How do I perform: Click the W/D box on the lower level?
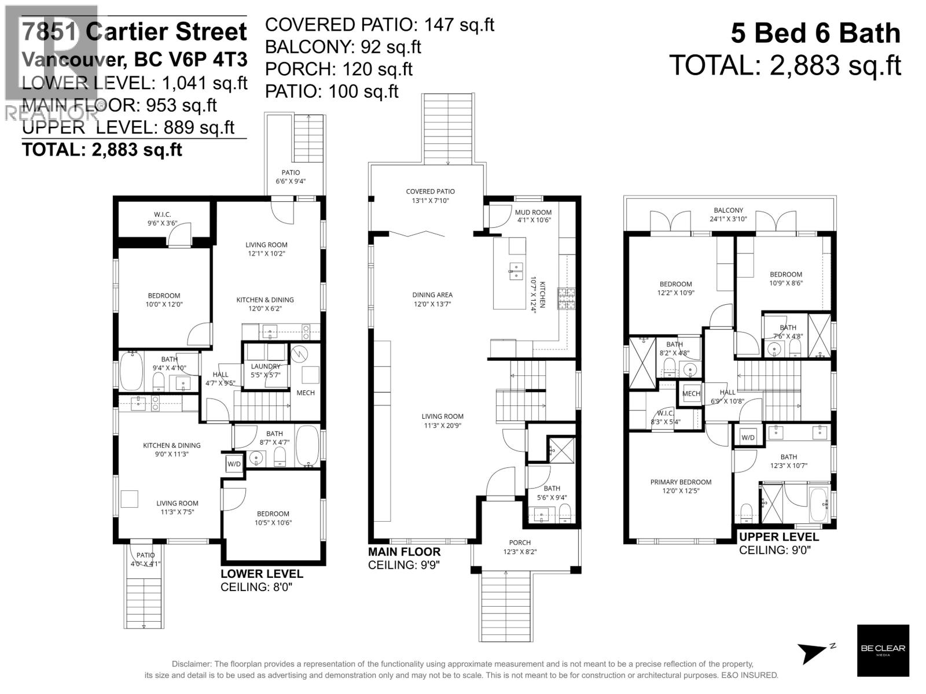(x=234, y=464)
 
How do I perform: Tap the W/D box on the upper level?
(x=748, y=437)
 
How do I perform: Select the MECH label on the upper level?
(x=691, y=394)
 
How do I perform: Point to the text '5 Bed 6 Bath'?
(x=815, y=33)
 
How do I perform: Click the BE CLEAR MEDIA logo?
(x=883, y=650)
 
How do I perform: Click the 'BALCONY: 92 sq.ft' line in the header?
(x=343, y=47)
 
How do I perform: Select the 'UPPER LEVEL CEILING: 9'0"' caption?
(x=778, y=543)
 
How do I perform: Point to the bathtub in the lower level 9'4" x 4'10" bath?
(x=131, y=371)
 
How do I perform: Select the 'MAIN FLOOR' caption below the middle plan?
(x=404, y=552)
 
